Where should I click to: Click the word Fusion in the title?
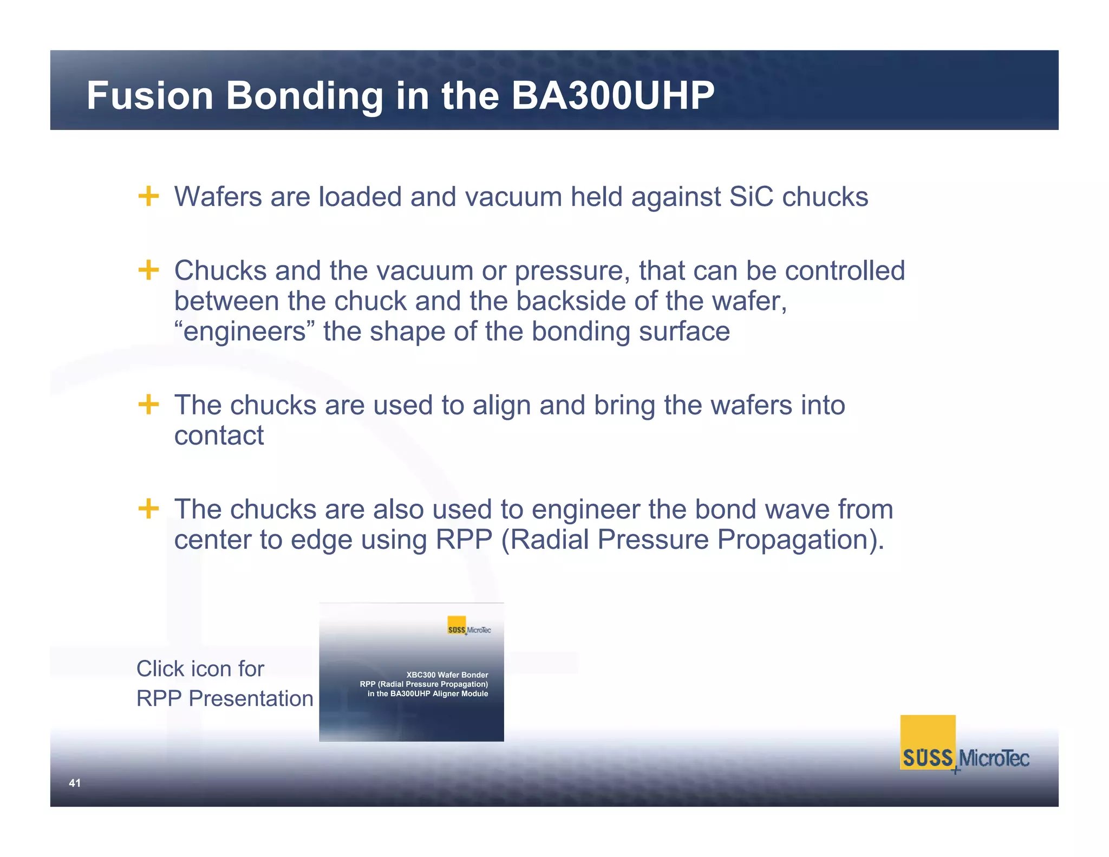(x=150, y=96)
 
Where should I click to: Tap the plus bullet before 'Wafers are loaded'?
(x=148, y=196)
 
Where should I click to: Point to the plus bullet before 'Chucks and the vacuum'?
(x=148, y=270)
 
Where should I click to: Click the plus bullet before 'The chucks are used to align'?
(x=148, y=404)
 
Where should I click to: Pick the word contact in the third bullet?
(x=219, y=436)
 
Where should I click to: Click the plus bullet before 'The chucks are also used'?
(x=148, y=509)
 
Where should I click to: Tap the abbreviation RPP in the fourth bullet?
(x=464, y=540)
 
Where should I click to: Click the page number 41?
(x=75, y=783)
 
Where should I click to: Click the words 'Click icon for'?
(x=200, y=669)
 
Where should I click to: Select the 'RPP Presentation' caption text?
(x=225, y=699)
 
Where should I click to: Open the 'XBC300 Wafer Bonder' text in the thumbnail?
(x=447, y=675)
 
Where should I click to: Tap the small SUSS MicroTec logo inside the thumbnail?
(x=468, y=627)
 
